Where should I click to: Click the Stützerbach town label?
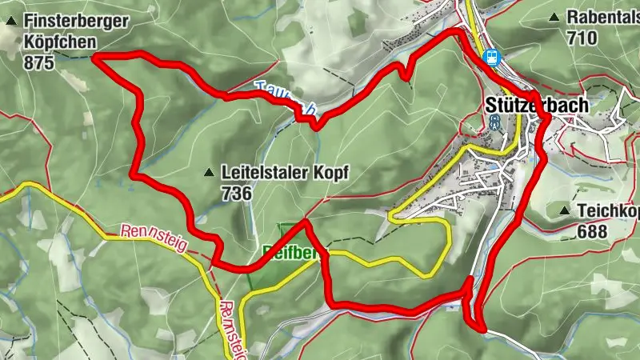[536, 104]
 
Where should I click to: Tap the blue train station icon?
[491, 57]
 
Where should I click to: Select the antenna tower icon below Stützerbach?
[494, 122]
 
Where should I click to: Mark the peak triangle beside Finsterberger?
[10, 23]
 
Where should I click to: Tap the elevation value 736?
[238, 193]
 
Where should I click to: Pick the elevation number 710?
[582, 37]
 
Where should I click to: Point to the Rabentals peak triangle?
[554, 17]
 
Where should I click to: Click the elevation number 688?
[592, 231]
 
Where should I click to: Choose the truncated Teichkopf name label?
[609, 211]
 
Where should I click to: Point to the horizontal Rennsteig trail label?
[154, 238]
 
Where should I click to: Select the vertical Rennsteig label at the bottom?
[231, 328]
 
